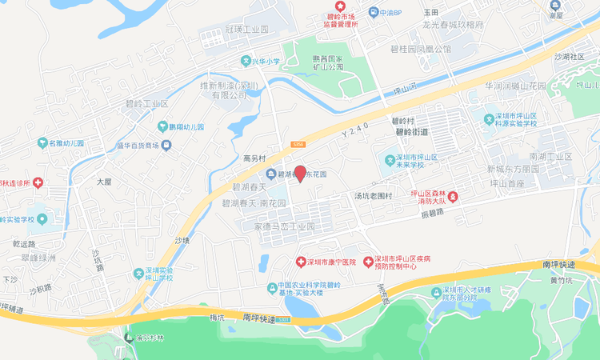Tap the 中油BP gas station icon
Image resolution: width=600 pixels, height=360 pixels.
coord(373,12)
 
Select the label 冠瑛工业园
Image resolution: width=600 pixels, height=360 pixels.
coord(246,28)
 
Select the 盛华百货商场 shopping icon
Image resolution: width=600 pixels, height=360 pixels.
coord(166,145)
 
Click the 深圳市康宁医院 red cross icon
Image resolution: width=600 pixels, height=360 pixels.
coord(301,262)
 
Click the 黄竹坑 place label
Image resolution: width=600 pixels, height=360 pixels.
coord(562,280)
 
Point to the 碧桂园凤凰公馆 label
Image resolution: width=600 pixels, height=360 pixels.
coord(421,49)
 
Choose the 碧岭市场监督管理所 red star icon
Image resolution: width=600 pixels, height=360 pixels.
coord(340,6)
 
